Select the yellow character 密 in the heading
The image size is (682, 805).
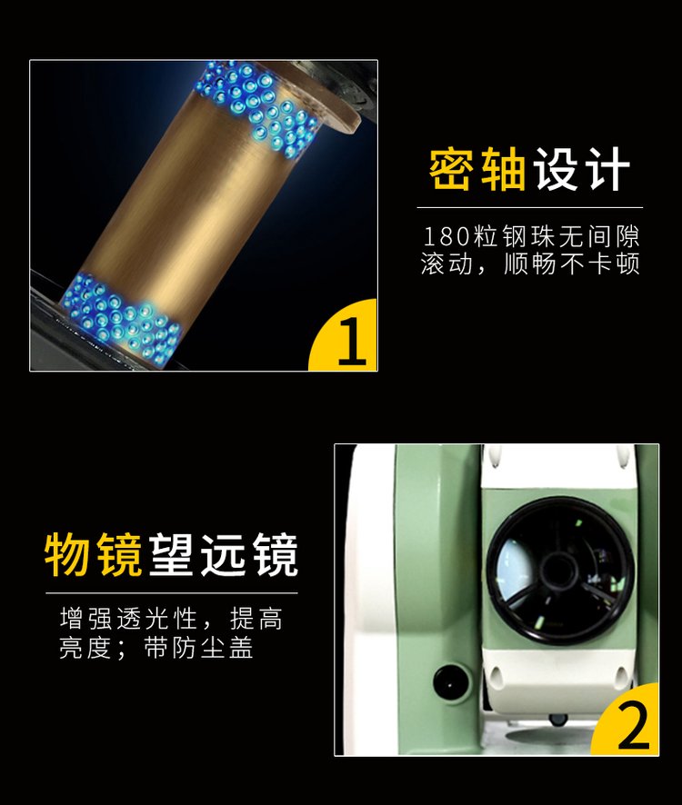tap(451, 169)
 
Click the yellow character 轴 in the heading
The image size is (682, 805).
tap(503, 169)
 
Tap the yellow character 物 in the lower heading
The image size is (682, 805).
tap(67, 555)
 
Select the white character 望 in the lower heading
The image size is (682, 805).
tap(171, 555)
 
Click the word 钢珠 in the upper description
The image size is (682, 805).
tap(529, 237)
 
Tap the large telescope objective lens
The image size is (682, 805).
tap(559, 570)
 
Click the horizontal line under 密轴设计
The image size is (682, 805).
tap(529, 207)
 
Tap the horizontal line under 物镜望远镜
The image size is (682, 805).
tap(172, 593)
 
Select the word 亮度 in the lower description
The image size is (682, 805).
tap(85, 648)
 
